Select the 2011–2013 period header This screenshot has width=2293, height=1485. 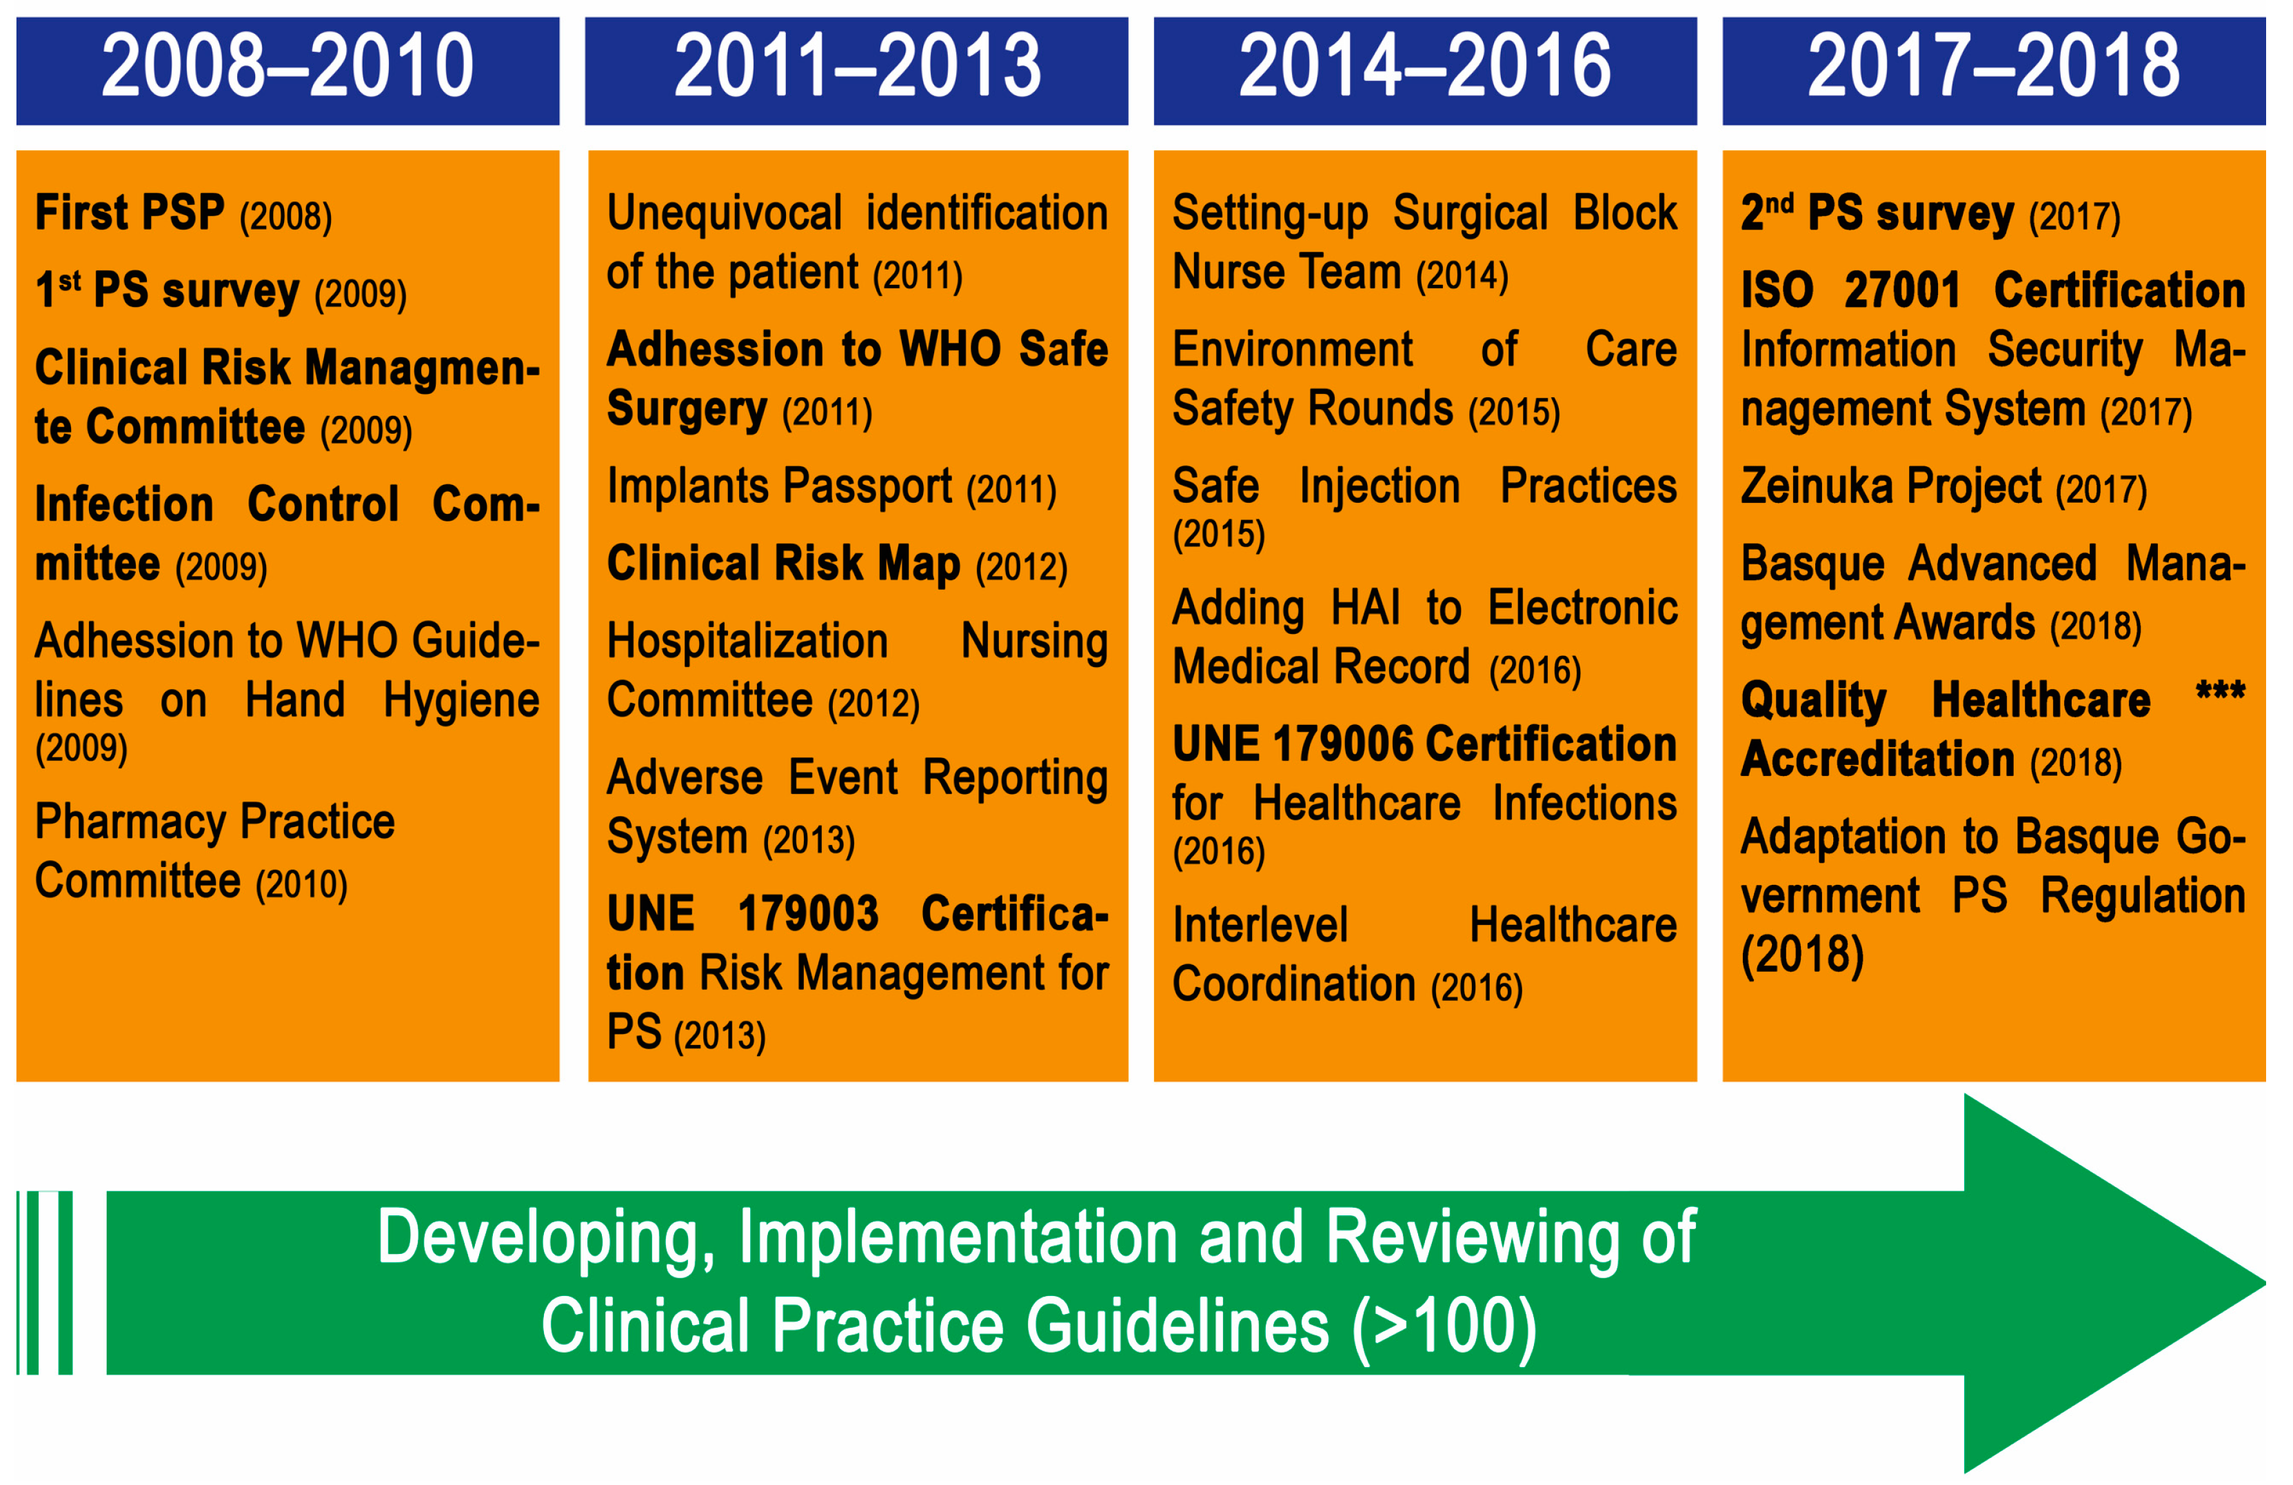856,70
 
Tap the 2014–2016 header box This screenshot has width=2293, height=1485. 1425,70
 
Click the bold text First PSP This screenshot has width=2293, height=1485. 130,212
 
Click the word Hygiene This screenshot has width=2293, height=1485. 461,701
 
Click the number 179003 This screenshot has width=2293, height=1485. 808,913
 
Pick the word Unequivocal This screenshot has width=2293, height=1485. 725,213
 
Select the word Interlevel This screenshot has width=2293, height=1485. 1260,925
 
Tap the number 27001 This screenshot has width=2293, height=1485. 1902,290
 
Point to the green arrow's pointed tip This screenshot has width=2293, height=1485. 2264,1284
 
